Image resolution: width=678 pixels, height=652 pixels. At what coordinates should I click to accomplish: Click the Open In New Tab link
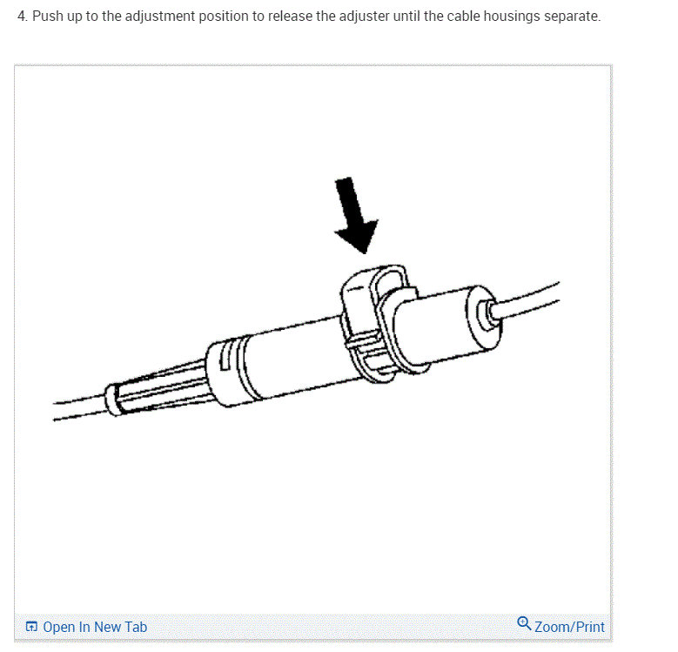click(95, 627)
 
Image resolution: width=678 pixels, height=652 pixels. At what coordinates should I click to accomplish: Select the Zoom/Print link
click(569, 627)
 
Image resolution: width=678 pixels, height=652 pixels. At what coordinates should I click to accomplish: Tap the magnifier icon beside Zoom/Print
click(524, 624)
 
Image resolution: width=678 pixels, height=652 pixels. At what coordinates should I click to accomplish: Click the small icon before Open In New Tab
click(32, 627)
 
